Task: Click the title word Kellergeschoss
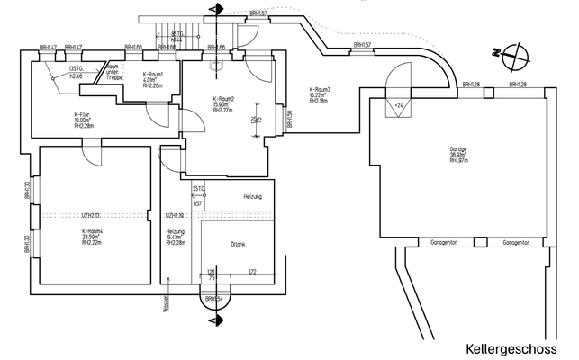pos(511,347)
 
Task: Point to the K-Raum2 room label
pos(224,104)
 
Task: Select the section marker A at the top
pos(213,10)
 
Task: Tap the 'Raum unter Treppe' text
pos(113,73)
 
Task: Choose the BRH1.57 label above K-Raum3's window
pos(362,44)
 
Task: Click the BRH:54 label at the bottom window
pos(213,297)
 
